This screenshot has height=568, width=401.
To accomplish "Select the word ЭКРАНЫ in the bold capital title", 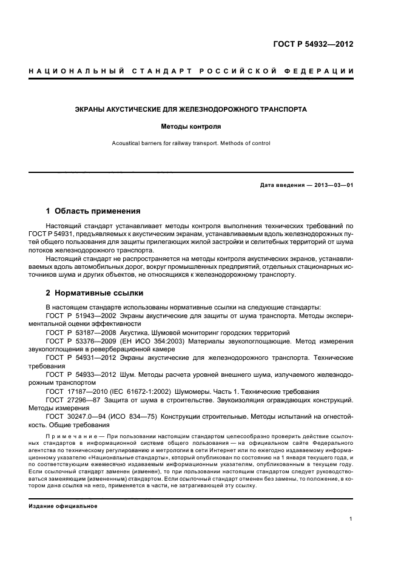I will pos(91,110).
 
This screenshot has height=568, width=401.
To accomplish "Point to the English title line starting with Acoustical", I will pos(190,144).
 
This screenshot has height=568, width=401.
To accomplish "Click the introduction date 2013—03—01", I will pos(333,184).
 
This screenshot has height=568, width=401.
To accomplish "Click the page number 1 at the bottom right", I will pos(351,519).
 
